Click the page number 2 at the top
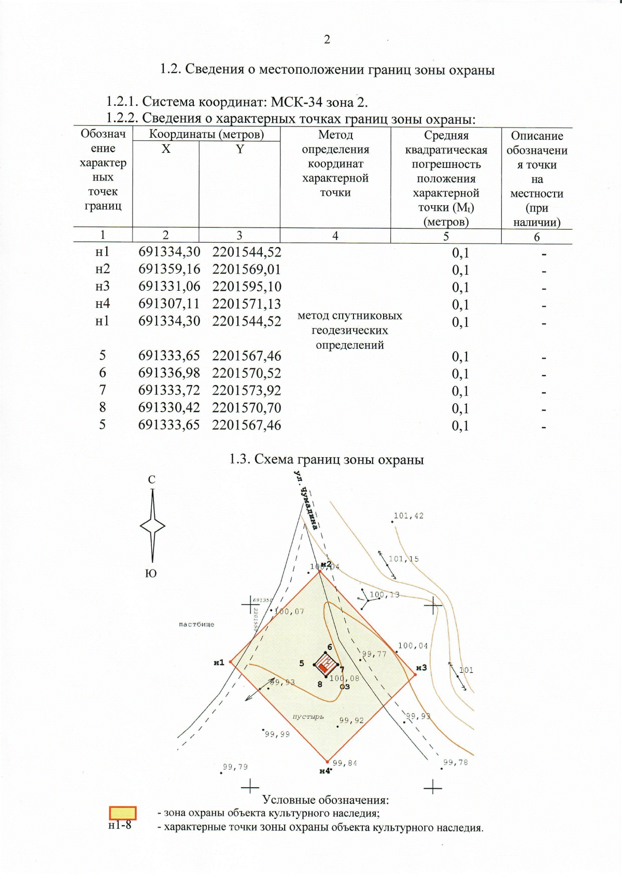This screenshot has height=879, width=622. (327, 40)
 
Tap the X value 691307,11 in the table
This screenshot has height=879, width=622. (169, 304)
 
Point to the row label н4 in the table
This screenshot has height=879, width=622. (103, 304)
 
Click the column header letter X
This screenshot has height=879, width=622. (165, 149)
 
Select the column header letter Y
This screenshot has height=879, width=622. (239, 149)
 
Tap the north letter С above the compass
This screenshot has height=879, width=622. (151, 480)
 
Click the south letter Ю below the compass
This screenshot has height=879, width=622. (151, 574)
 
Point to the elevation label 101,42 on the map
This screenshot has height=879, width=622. (408, 516)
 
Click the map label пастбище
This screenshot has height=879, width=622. (196, 625)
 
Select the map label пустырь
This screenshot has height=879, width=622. (308, 717)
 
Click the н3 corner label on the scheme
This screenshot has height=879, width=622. (421, 668)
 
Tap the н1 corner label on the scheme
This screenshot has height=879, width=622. (219, 662)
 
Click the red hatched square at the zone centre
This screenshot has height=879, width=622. (326, 664)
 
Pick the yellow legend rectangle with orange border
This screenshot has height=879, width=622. (122, 813)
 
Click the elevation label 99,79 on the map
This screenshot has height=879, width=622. (235, 767)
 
